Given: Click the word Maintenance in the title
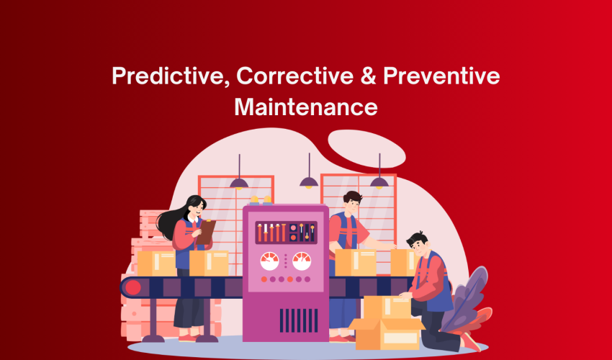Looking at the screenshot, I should click(x=306, y=107).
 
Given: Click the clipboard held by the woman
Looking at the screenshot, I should click(x=207, y=230).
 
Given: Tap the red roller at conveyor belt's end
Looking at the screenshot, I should click(x=132, y=288).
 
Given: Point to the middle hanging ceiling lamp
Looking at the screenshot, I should click(x=309, y=181).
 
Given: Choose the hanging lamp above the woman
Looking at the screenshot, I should click(x=239, y=181).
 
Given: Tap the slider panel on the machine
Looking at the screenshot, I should click(x=285, y=232).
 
